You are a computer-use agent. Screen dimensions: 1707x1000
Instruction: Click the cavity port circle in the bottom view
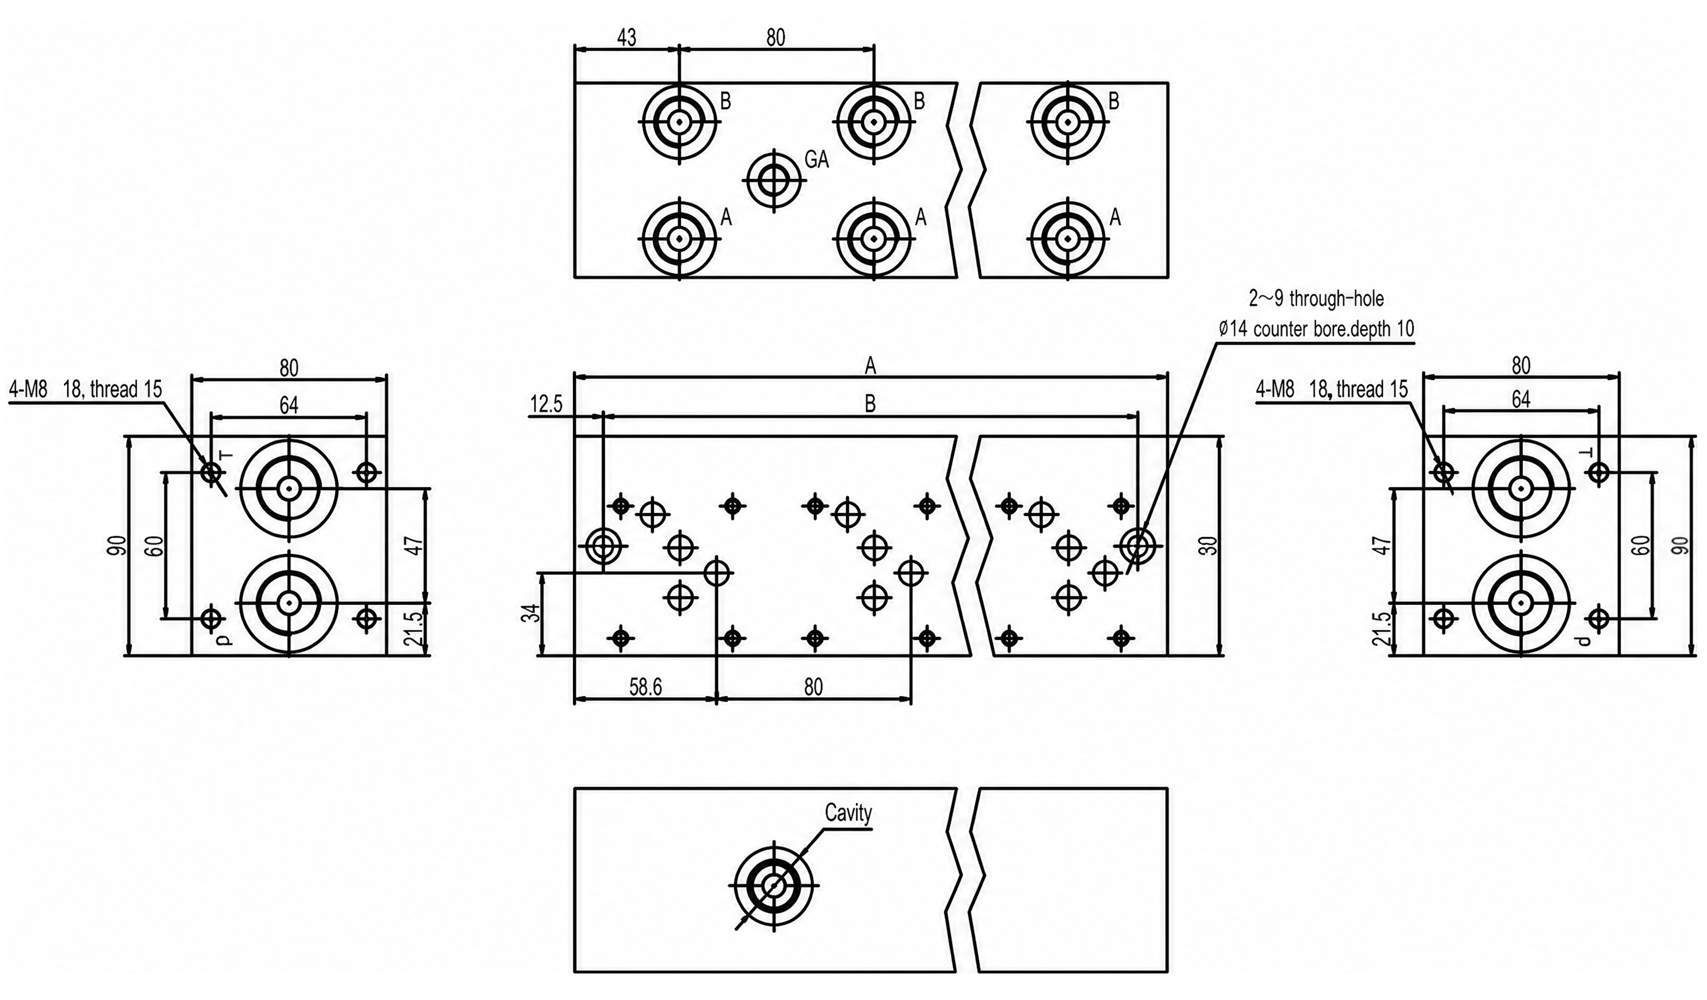(773, 885)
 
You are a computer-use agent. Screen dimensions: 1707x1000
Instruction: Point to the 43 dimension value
(627, 37)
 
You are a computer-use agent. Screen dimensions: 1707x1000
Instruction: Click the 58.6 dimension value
(645, 687)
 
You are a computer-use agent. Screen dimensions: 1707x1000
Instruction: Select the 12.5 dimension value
(546, 404)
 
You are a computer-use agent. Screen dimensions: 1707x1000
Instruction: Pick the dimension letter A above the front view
(870, 367)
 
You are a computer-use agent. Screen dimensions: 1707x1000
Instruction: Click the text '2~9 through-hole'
(1316, 298)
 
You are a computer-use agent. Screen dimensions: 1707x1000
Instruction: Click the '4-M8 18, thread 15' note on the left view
(86, 389)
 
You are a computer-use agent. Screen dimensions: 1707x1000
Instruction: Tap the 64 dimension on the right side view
(1521, 400)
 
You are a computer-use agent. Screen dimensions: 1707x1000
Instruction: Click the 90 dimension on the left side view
(118, 546)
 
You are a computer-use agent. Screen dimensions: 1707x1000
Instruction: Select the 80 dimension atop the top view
(775, 37)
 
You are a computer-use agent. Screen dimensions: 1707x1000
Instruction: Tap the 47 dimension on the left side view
(417, 546)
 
